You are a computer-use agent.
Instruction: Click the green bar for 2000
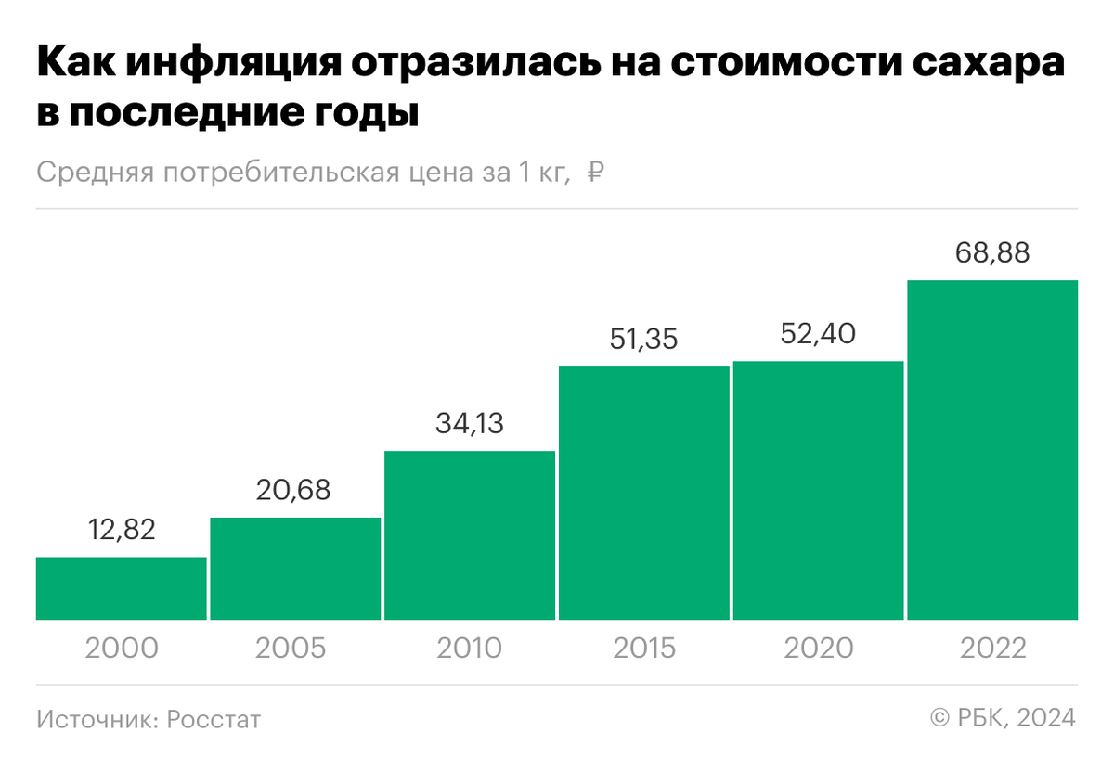tap(121, 588)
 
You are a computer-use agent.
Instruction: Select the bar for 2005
tap(295, 568)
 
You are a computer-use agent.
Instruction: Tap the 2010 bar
tap(470, 535)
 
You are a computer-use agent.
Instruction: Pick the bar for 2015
tap(644, 493)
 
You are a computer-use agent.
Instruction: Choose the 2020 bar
tap(818, 490)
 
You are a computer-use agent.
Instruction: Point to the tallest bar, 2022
tap(992, 450)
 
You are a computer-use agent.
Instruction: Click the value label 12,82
tap(121, 530)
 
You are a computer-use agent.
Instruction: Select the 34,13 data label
tap(470, 424)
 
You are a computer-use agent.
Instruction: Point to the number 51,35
tap(644, 340)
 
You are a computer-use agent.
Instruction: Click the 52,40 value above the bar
tap(818, 334)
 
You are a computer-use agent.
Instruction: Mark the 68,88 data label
tap(992, 253)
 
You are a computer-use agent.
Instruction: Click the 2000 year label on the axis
tap(121, 648)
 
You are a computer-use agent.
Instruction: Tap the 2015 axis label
tap(644, 648)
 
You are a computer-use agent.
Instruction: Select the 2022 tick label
tap(992, 648)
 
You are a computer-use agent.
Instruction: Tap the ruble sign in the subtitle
tap(598, 173)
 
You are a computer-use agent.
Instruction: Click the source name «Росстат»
tap(214, 719)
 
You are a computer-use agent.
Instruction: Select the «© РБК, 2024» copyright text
tap(1003, 717)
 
